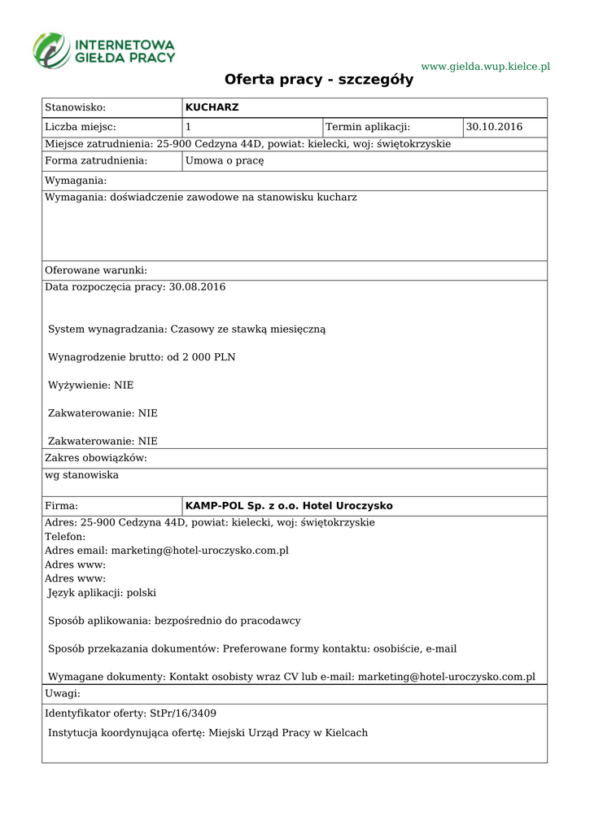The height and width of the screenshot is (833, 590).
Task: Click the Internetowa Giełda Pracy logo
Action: (103, 50)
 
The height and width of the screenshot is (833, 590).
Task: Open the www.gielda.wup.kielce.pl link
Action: (485, 66)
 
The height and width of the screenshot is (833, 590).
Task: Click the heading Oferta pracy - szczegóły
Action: (319, 80)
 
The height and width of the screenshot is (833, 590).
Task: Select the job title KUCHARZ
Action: (212, 107)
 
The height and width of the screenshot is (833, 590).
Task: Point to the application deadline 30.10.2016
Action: (494, 127)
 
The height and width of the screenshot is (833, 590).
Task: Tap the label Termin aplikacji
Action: (368, 127)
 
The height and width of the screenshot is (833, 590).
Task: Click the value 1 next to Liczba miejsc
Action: (189, 127)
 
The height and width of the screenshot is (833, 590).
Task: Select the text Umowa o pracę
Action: (225, 161)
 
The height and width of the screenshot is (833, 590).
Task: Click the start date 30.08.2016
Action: (196, 287)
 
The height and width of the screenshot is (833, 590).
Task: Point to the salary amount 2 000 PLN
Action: (210, 357)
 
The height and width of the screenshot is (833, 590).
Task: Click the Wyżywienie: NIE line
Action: (90, 385)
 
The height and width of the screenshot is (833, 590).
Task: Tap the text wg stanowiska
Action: (81, 475)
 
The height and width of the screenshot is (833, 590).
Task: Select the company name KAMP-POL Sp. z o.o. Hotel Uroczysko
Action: (289, 506)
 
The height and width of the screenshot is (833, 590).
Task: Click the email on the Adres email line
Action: (200, 551)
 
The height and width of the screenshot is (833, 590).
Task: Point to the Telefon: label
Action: (65, 537)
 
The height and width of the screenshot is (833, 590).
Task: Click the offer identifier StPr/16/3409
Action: (183, 713)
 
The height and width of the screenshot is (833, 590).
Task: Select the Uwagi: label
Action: (62, 694)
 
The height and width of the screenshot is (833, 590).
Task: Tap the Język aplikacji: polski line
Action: (102, 593)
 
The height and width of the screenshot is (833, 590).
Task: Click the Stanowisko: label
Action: (76, 107)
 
